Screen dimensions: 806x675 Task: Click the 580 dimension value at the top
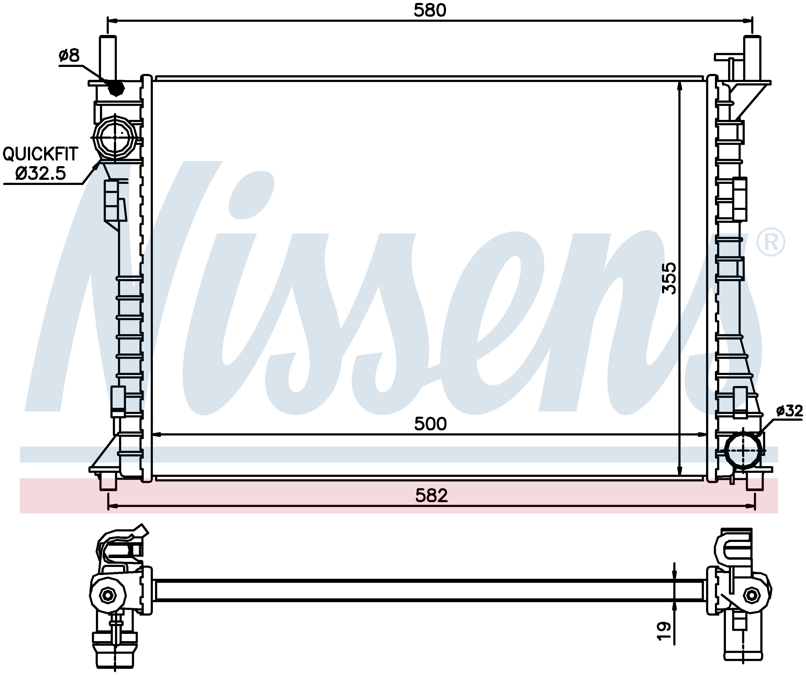430,11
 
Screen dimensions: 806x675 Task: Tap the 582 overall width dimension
431,496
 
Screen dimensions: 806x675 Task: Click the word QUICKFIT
40,154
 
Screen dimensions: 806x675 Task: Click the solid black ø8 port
116,88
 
